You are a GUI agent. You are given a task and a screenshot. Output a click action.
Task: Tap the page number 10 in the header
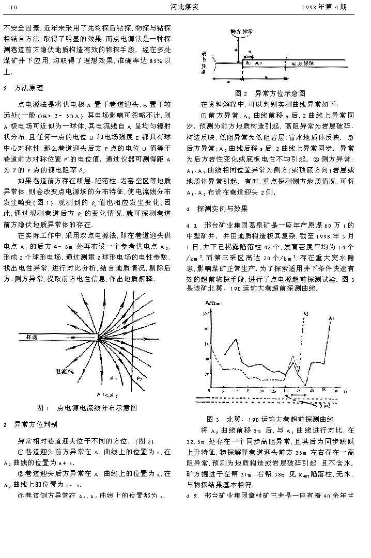click(x=14, y=8)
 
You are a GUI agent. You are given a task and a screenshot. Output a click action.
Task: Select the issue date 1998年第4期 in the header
click(x=324, y=8)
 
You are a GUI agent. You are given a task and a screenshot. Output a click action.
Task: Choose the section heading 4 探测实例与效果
click(x=217, y=209)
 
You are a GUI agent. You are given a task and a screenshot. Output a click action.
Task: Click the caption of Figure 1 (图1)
click(x=87, y=408)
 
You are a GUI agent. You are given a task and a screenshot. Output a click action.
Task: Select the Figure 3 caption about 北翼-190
click(x=270, y=419)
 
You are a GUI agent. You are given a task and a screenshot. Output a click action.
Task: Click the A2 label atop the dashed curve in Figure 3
click(x=306, y=313)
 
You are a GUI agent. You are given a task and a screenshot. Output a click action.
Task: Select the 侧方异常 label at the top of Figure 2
click(x=241, y=32)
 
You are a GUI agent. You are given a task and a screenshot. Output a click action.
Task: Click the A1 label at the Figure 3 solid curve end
click(x=331, y=318)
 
